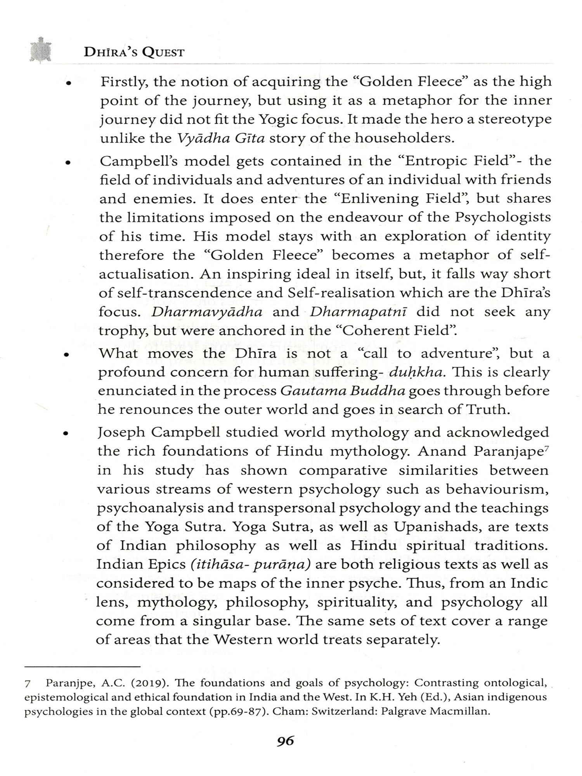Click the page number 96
pyautogui.click(x=286, y=741)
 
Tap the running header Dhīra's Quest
pyautogui.click(x=134, y=52)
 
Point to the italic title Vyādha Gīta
pyautogui.click(x=221, y=139)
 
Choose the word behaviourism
pyautogui.click(x=497, y=489)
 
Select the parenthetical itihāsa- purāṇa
pyautogui.click(x=251, y=565)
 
